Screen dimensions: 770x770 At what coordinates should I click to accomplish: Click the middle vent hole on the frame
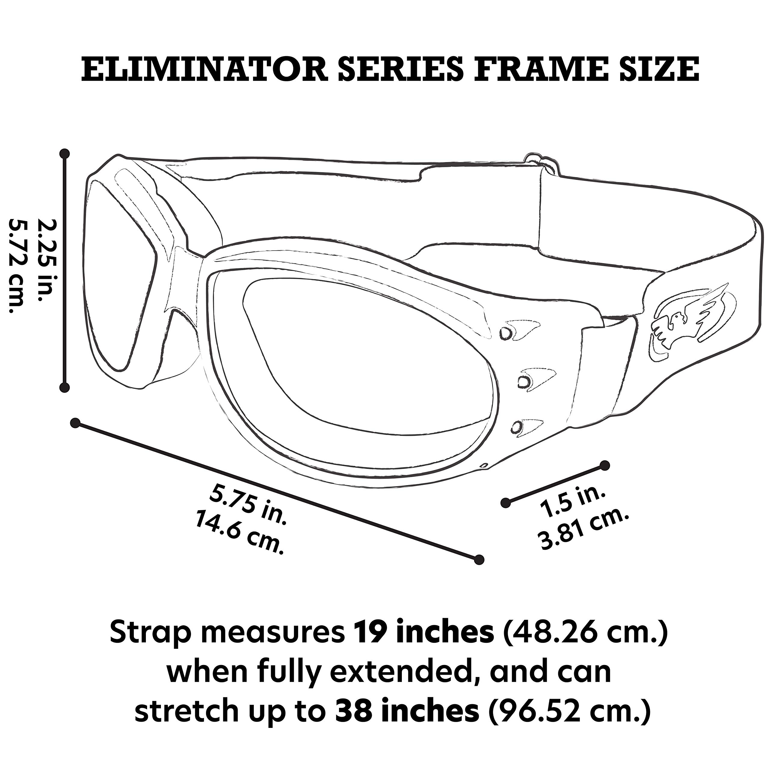(x=524, y=382)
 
